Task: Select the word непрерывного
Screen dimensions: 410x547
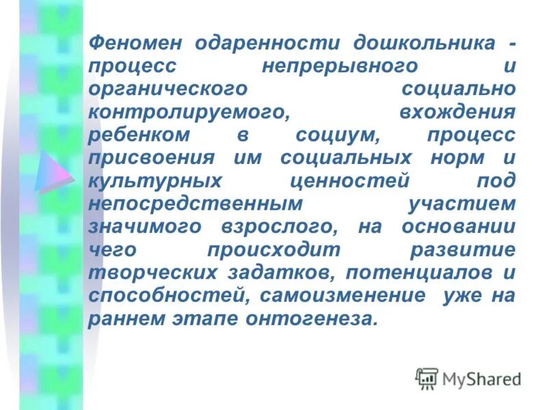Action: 340,67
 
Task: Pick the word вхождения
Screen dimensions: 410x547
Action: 457,113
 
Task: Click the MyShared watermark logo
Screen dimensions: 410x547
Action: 468,378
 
